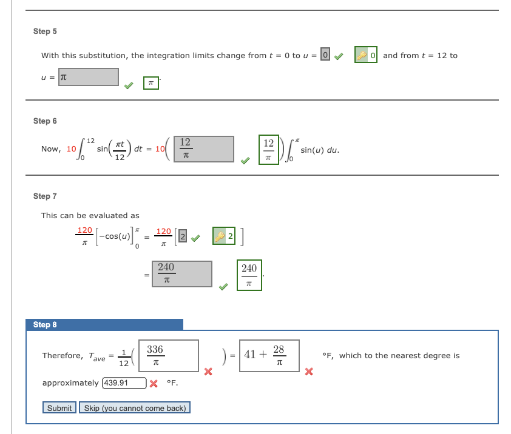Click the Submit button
(59, 408)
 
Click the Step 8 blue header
(104, 324)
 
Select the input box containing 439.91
(124, 383)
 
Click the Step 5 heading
(45, 31)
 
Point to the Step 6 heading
(45, 121)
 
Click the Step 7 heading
(45, 196)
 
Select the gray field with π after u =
(89, 77)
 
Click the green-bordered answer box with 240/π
(249, 275)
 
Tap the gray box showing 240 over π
(181, 274)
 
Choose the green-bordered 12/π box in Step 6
(268, 149)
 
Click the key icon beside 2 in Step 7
(218, 237)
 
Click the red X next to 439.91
(154, 384)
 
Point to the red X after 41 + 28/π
(309, 371)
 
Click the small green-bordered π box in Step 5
(151, 83)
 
